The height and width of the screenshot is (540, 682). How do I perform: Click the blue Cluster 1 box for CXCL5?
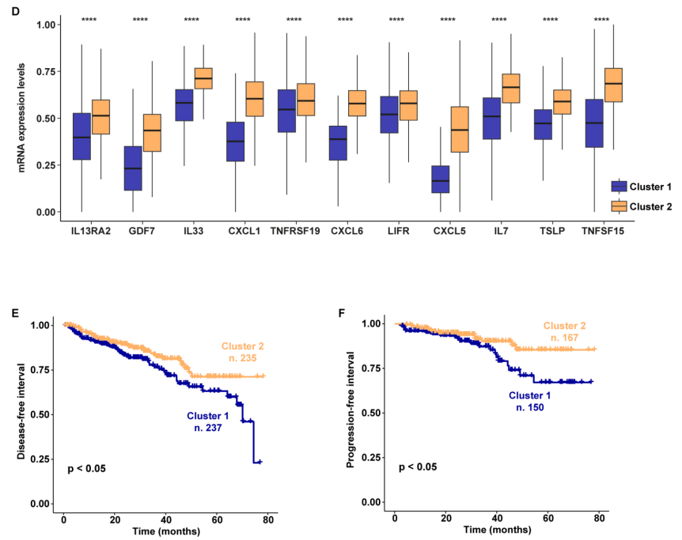439,179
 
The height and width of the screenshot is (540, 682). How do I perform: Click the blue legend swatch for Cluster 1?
619,187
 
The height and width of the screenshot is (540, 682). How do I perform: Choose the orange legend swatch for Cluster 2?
619,206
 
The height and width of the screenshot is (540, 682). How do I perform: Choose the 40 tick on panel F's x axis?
497,517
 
